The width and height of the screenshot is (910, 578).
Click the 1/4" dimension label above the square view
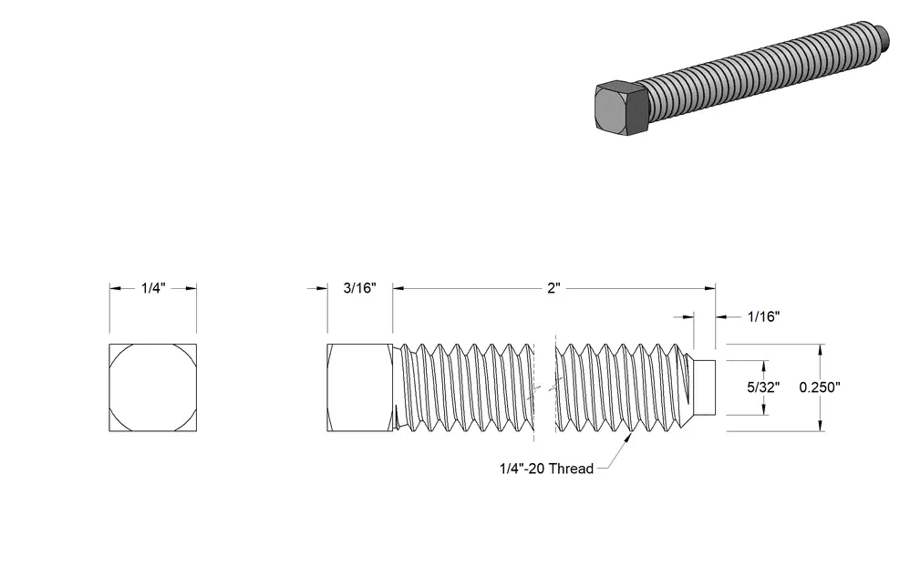click(153, 288)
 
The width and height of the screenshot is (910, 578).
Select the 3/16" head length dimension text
click(360, 288)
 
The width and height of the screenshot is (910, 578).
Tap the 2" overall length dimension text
click(553, 288)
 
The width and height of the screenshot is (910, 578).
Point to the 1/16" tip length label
click(763, 316)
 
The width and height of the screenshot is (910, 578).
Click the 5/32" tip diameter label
click(763, 387)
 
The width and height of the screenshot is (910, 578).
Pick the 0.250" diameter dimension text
click(820, 387)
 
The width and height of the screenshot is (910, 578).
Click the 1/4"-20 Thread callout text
click(547, 469)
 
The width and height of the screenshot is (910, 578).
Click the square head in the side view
click(360, 387)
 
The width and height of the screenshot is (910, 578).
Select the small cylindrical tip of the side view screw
click(705, 387)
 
